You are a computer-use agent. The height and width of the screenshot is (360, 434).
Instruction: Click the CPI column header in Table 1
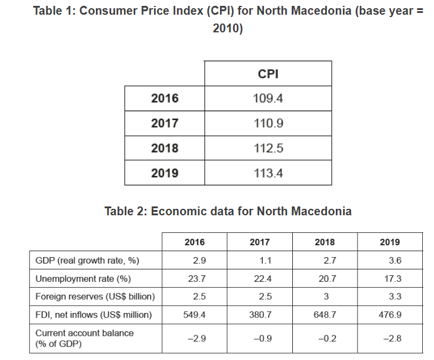coord(268,74)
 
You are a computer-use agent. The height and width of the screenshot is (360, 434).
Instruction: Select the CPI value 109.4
coord(268,98)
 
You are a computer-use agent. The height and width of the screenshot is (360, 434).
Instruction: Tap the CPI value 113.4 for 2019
coord(268,173)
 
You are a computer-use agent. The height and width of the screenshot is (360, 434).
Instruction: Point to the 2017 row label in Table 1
coord(165,124)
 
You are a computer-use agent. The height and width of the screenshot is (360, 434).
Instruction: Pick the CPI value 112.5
coord(268,148)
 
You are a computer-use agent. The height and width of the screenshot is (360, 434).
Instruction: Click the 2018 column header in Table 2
coord(325,242)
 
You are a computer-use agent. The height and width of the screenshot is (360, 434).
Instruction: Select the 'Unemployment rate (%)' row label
coord(83,278)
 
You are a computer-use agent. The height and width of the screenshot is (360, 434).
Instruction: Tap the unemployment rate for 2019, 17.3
coord(390,278)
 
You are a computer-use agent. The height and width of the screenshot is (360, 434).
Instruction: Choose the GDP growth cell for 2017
coord(260,260)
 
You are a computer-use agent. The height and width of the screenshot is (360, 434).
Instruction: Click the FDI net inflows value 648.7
coord(325,315)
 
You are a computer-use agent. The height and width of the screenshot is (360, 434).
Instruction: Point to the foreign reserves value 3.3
coord(390,296)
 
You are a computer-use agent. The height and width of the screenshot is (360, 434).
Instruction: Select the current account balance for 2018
coord(325,338)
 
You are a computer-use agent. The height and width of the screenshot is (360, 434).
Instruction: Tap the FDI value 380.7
coord(260,315)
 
